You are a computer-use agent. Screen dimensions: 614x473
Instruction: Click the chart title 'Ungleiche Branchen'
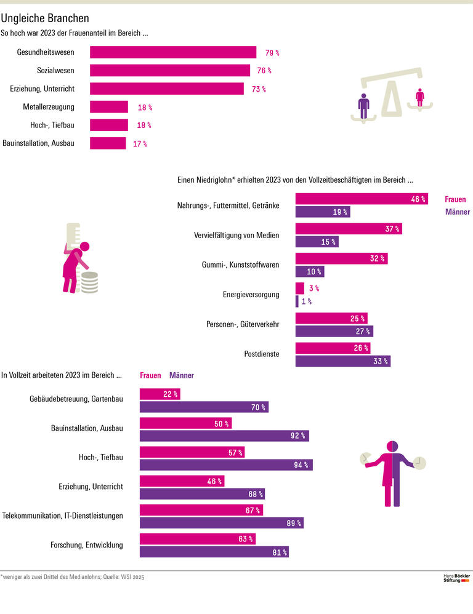pos(45,18)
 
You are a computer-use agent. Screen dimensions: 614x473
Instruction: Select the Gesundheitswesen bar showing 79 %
pos(173,52)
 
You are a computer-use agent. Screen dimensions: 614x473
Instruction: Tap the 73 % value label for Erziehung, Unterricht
pos(259,89)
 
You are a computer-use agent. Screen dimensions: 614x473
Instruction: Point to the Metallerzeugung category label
pos(49,107)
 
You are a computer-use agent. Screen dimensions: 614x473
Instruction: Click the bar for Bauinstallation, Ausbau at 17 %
pos(108,143)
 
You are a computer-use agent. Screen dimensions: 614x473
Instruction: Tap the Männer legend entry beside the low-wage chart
pos(457,212)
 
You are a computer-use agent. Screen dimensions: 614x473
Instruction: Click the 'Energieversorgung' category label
pos(251,295)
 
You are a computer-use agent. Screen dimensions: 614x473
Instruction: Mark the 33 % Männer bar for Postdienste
pos(342,361)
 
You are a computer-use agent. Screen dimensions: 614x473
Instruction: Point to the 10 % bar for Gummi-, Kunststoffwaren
pos(309,271)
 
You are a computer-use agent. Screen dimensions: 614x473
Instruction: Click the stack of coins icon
pos(90,282)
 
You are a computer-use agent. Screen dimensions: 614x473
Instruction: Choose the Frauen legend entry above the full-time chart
pos(150,375)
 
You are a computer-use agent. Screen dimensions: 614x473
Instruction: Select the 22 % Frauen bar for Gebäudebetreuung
pos(160,394)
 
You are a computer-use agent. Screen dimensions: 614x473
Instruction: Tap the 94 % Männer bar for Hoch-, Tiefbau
pos(226,464)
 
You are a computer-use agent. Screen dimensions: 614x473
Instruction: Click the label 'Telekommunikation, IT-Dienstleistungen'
pos(63,516)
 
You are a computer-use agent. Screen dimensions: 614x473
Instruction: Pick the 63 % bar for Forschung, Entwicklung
pos(197,539)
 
